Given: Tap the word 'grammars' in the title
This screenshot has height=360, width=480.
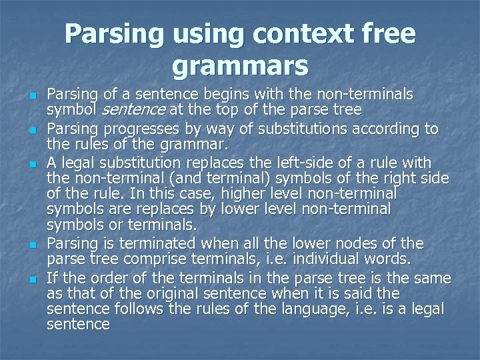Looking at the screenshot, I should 240,66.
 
